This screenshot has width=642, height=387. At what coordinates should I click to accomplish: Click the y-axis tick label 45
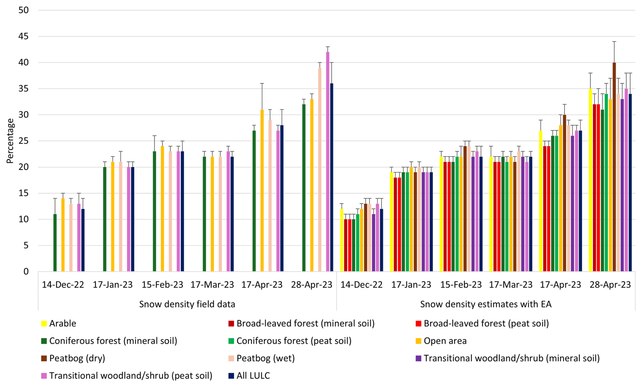click(x=24, y=36)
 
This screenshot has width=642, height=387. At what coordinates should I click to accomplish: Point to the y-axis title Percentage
click(x=10, y=141)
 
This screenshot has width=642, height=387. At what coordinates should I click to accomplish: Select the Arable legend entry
click(x=62, y=323)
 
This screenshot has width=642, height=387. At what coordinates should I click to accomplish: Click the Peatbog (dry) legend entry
click(x=77, y=358)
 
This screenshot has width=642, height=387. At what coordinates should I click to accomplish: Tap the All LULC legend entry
click(x=253, y=376)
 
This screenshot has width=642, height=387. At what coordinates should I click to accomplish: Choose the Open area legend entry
click(x=445, y=341)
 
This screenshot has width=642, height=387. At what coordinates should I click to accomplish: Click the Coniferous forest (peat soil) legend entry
click(x=294, y=341)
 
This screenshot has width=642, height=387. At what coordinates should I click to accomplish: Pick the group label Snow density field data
click(x=187, y=304)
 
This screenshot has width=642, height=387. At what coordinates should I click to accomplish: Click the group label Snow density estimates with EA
click(x=486, y=304)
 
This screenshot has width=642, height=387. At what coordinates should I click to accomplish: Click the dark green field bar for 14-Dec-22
click(x=55, y=243)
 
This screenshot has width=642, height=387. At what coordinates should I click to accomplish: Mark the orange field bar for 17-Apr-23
click(x=262, y=190)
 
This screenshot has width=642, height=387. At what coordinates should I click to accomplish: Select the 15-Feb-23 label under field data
click(x=162, y=285)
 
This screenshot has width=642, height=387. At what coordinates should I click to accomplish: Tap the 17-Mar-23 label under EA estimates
click(x=511, y=285)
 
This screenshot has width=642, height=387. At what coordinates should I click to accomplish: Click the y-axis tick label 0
click(x=26, y=271)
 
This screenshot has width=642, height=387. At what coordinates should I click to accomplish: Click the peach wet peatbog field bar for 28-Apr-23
click(x=320, y=170)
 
